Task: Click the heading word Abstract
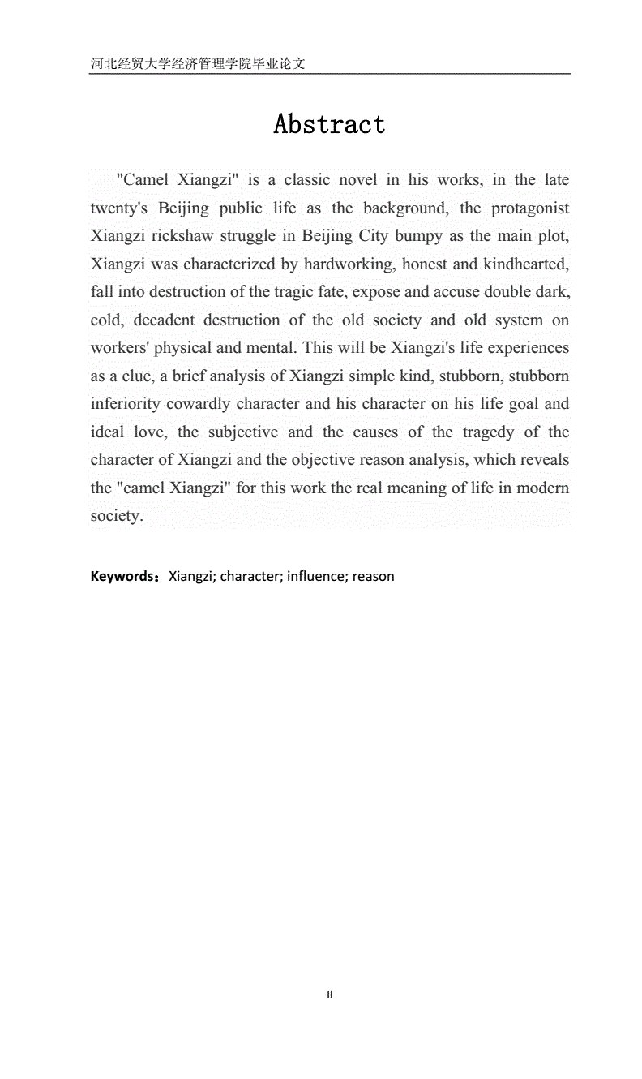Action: click(x=329, y=124)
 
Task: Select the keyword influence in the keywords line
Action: click(x=317, y=577)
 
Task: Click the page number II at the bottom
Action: click(x=329, y=994)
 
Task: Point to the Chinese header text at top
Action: click(x=198, y=63)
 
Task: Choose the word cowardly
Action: click(x=202, y=404)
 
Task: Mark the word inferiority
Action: click(x=125, y=404)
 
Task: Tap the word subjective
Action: click(x=242, y=432)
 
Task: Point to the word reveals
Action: click(x=541, y=460)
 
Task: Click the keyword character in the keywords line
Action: click(x=249, y=577)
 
